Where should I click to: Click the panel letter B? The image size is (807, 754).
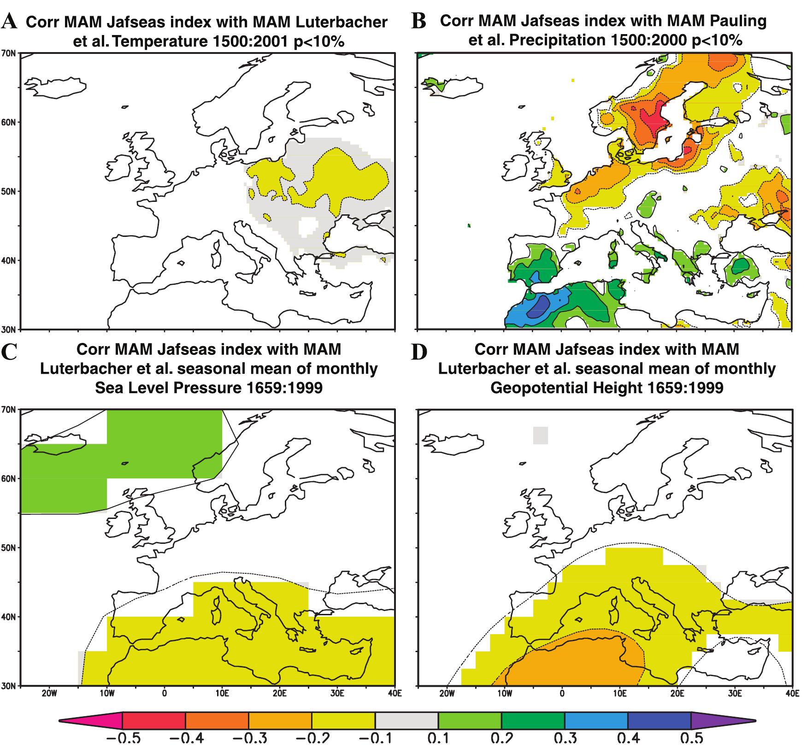pyautogui.click(x=418, y=21)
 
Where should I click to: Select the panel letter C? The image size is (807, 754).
pyautogui.click(x=10, y=353)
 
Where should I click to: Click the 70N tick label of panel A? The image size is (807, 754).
pyautogui.click(x=10, y=53)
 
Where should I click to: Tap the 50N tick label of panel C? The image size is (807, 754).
pyautogui.click(x=10, y=548)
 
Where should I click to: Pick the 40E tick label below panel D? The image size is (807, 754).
pyautogui.click(x=792, y=694)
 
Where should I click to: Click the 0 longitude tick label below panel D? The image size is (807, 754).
pyautogui.click(x=562, y=694)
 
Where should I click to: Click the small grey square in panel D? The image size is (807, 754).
pyautogui.click(x=540, y=436)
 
